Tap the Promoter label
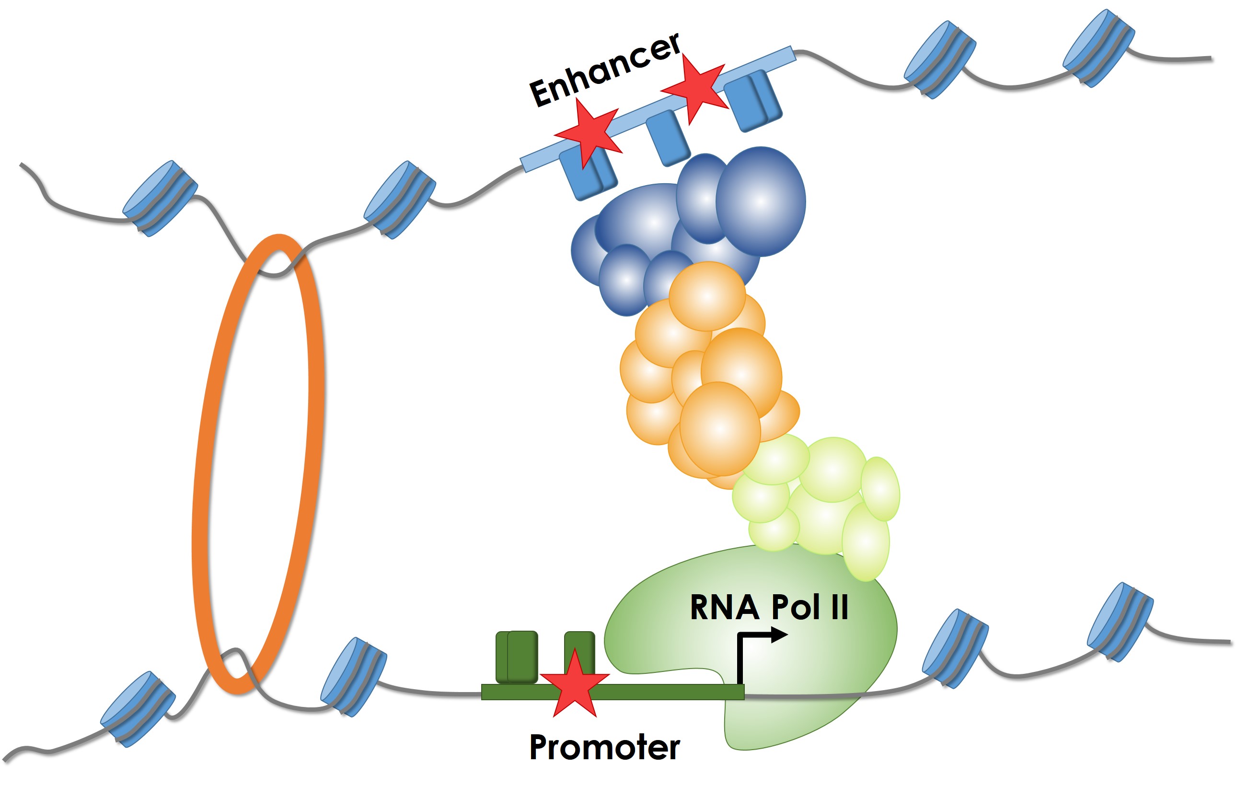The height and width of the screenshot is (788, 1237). pos(605,747)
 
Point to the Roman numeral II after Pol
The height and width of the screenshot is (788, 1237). pos(839,607)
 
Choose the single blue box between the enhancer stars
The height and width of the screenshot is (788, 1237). pos(668,138)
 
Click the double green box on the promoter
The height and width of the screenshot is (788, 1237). pos(517,657)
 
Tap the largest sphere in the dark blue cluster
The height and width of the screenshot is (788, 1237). pos(761,201)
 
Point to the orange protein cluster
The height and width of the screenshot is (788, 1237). pos(709,380)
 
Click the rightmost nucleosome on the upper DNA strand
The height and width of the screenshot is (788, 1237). pos(1098,49)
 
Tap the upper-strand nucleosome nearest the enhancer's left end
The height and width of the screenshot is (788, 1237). pos(400,200)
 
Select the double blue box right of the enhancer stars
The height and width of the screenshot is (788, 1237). pos(754,101)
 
